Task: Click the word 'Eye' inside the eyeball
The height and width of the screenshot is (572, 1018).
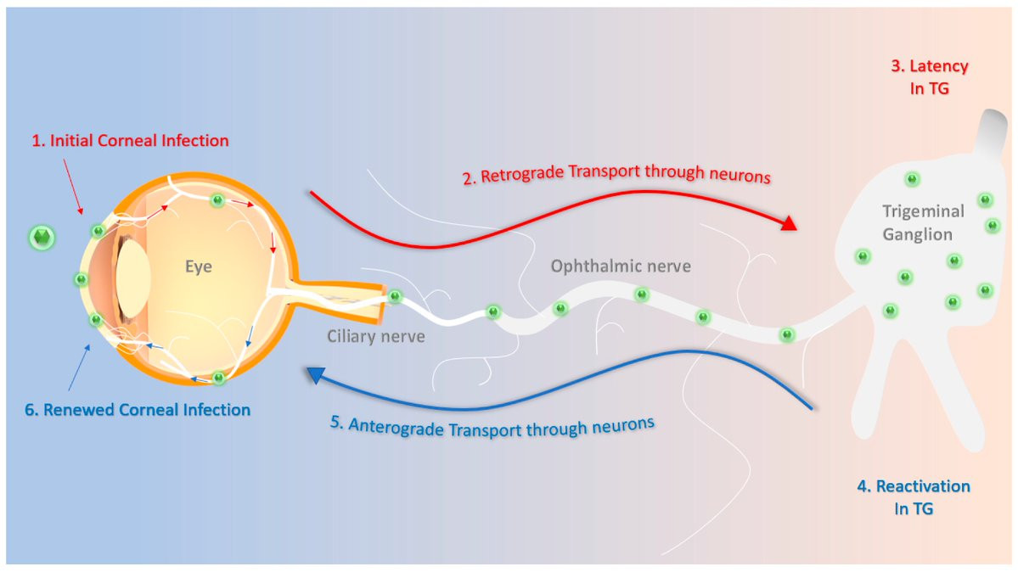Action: pyautogui.click(x=198, y=267)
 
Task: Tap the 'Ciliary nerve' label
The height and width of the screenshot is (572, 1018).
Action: pyautogui.click(x=376, y=336)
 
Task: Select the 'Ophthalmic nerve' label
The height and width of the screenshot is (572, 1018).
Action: pyautogui.click(x=621, y=266)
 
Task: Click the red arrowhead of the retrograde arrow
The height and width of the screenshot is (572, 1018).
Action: pyautogui.click(x=788, y=223)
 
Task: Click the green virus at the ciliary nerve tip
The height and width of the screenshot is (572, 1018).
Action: pyautogui.click(x=394, y=296)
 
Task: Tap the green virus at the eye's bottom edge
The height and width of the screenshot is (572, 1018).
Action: pyautogui.click(x=218, y=378)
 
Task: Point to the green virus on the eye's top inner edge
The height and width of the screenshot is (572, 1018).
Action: pyautogui.click(x=218, y=200)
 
